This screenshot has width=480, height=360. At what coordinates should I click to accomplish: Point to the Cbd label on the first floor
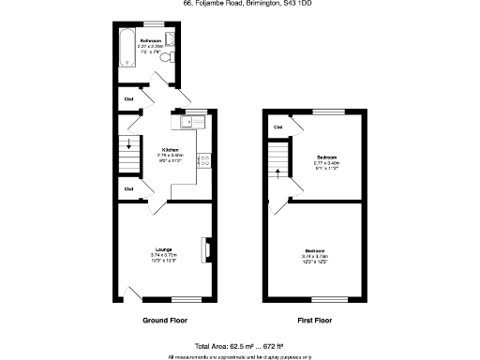278,127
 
